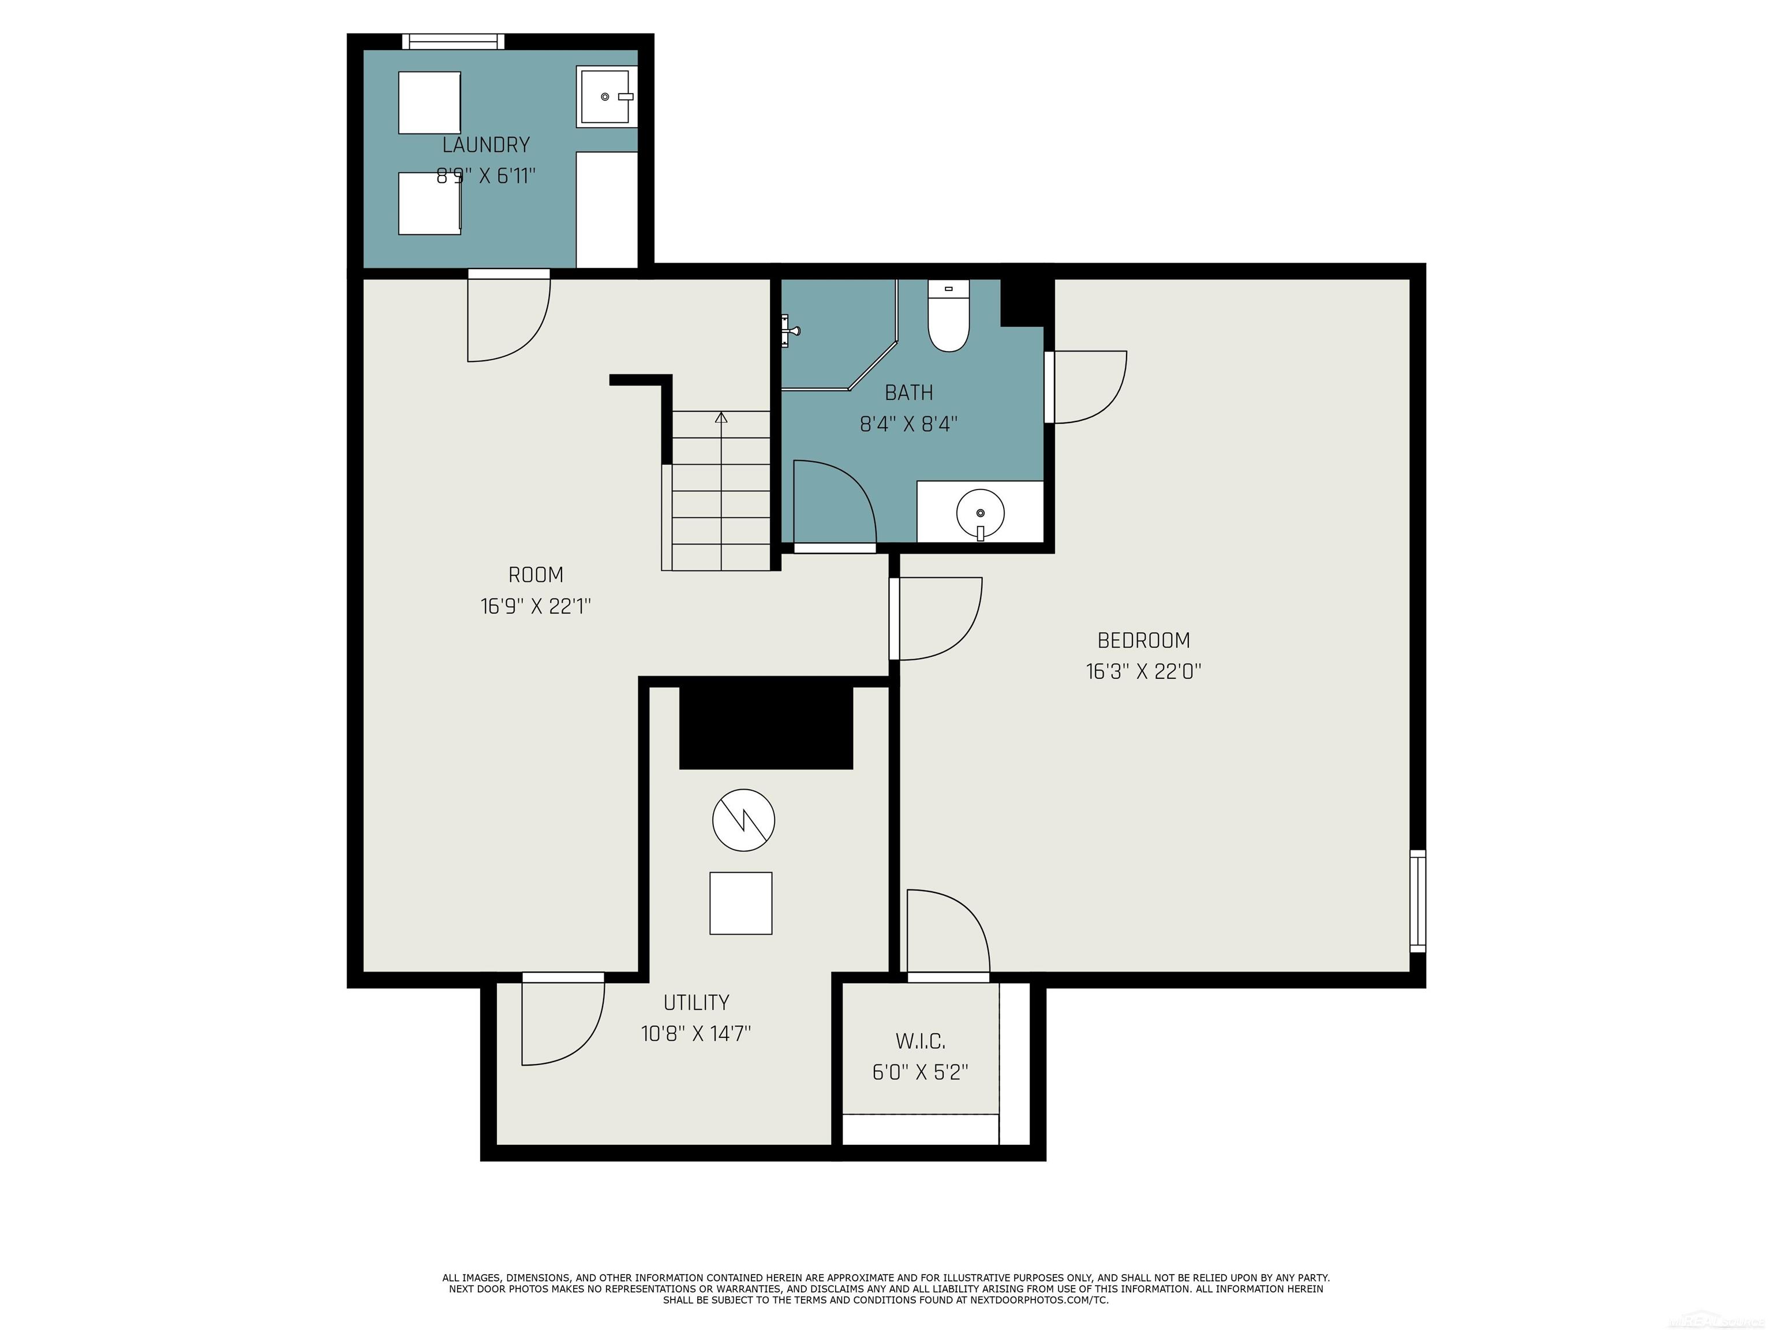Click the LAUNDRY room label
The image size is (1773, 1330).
(x=486, y=145)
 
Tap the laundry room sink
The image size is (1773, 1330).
(x=606, y=97)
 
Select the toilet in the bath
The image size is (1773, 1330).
(x=948, y=315)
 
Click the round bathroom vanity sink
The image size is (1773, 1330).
(x=980, y=513)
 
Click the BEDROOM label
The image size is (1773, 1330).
(x=1144, y=641)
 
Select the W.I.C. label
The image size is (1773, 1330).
(x=920, y=1041)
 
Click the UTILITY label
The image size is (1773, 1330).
(x=695, y=1003)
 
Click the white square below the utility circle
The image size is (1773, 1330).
(x=740, y=903)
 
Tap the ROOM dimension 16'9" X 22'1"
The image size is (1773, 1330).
(x=536, y=606)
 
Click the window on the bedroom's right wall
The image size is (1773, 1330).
(x=1418, y=901)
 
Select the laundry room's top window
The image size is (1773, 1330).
(x=453, y=42)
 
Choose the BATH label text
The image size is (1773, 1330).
(x=909, y=393)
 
